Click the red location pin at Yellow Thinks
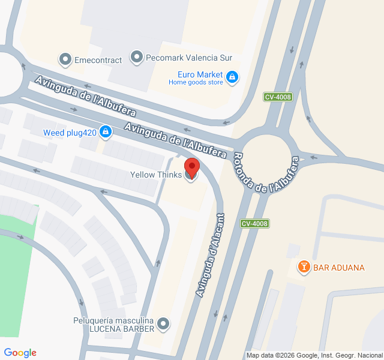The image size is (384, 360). (x=191, y=166)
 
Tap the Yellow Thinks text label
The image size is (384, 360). (x=155, y=175)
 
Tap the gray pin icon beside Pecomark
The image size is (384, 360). (x=137, y=58)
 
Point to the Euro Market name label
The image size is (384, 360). (x=200, y=74)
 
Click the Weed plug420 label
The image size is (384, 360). (x=69, y=132)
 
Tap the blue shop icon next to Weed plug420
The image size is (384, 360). (x=106, y=131)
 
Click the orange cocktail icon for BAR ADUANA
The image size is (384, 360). (x=304, y=266)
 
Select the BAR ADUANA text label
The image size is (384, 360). (x=339, y=267)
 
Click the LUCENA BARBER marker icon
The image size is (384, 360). (x=163, y=325)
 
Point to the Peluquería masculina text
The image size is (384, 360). (x=114, y=320)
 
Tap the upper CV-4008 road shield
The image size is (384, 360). (x=278, y=97)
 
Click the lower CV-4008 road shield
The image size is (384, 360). (x=254, y=224)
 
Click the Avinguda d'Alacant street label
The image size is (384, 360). (x=210, y=255)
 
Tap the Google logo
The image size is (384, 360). (x=20, y=353)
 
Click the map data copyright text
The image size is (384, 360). (x=314, y=355)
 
